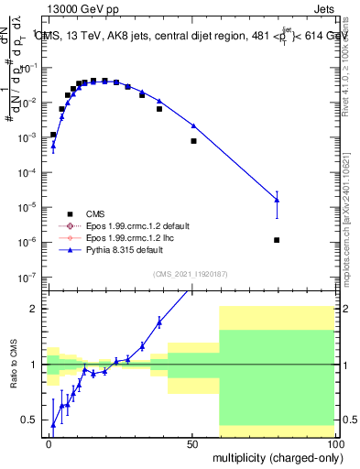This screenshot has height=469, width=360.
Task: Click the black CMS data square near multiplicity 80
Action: pos(277,240)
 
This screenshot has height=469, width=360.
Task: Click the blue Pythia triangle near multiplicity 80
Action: pos(277,200)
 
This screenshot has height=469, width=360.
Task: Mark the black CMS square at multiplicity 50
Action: pos(193,141)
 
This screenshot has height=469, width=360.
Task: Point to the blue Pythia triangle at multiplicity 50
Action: pos(193,125)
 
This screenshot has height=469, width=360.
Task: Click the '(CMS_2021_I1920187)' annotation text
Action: pos(191,274)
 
